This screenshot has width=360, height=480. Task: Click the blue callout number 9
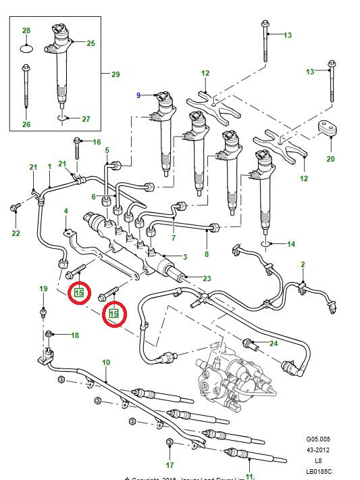[138, 96]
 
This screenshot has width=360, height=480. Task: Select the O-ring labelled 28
[26, 49]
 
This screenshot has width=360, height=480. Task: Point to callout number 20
[330, 160]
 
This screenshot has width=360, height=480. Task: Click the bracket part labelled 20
[329, 130]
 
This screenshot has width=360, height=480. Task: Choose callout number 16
[97, 142]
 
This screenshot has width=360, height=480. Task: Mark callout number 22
[16, 233]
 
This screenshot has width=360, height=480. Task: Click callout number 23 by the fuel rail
[207, 278]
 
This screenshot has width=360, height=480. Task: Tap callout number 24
[274, 343]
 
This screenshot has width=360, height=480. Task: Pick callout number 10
[106, 363]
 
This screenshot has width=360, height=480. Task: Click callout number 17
[170, 465]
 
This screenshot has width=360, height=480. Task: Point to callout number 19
[43, 289]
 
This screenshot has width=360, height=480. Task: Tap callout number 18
[74, 335]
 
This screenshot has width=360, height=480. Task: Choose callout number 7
[173, 237]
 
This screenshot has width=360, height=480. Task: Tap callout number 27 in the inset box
[86, 119]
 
